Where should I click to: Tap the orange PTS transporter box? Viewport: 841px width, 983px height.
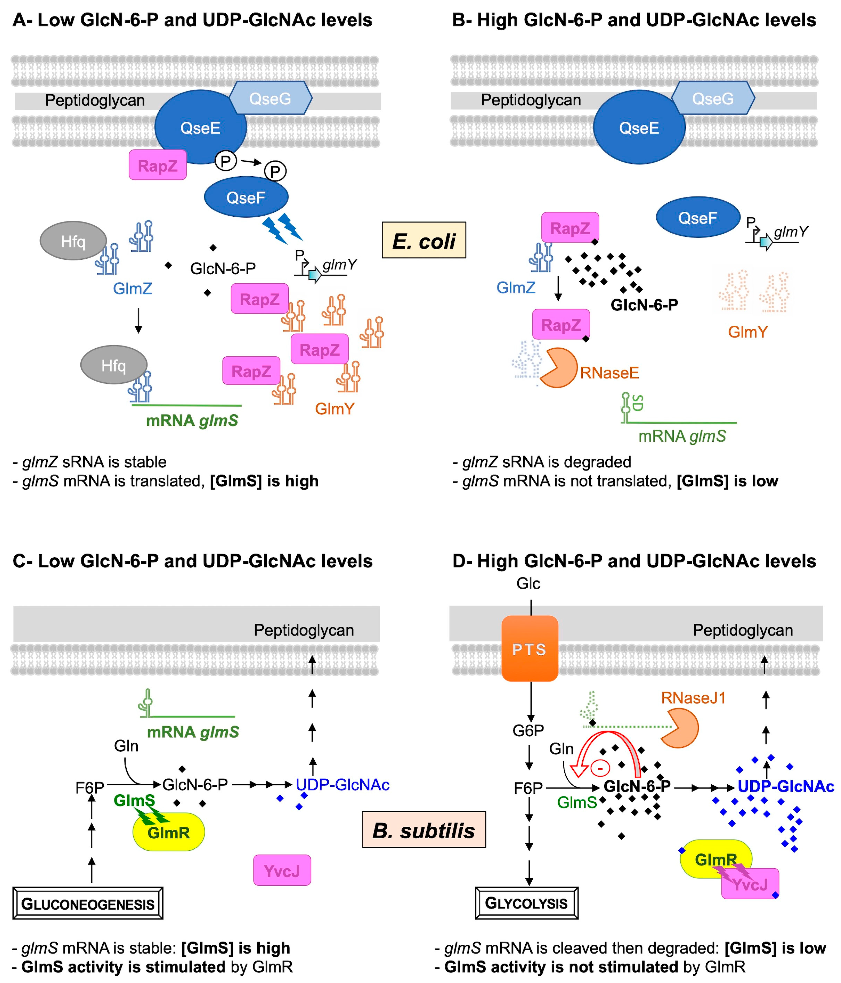(x=530, y=649)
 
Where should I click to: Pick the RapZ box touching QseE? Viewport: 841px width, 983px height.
(x=157, y=165)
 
